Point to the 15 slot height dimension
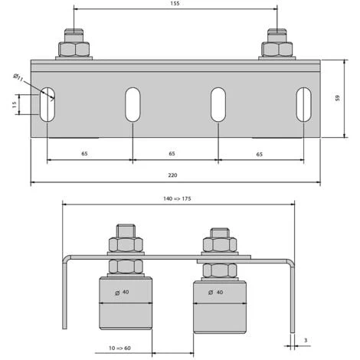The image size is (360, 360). [14, 105]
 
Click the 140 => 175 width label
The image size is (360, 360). [178, 197]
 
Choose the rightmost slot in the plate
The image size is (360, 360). [304, 105]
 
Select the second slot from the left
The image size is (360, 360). [133, 105]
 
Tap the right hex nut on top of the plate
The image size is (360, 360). [277, 49]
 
